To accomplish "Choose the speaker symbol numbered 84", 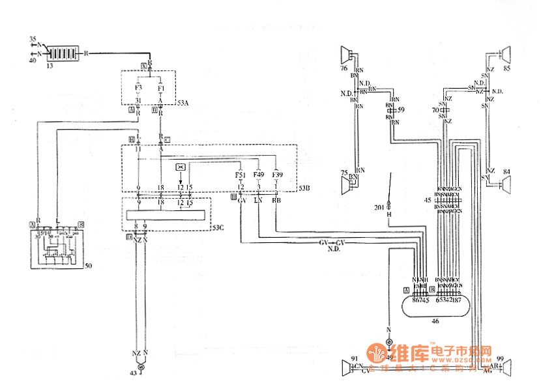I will pos(502,184).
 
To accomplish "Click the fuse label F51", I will pos(241,175).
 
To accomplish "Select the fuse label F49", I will pos(259,175).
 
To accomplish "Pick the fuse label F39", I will pos(277,175).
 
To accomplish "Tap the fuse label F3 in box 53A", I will pos(139,87).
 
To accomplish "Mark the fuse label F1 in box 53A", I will pos(161,87).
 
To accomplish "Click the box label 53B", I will pos(304,189).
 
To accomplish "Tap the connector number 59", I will pos(402,111).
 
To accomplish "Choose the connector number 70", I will pos(435,111).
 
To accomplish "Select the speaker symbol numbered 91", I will pos(347,369).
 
